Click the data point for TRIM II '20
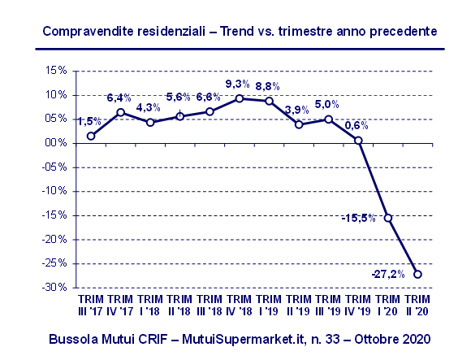[x=418, y=274]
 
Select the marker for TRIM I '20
[x=388, y=218]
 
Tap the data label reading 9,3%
[x=239, y=85]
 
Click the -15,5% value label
[x=358, y=219]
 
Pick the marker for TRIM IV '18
[x=240, y=98]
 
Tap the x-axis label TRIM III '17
[x=90, y=305]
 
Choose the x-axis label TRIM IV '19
[x=358, y=305]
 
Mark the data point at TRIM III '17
[x=91, y=136]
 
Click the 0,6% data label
[x=356, y=126]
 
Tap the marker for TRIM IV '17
[x=121, y=112]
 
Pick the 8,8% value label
[x=269, y=86]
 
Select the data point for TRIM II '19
[x=299, y=124]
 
